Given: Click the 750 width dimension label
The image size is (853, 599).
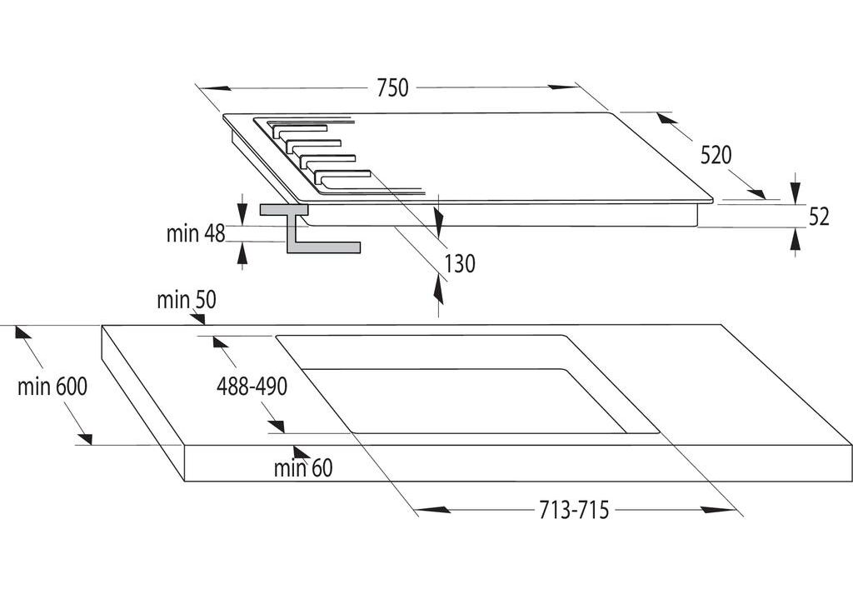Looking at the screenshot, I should point(392,87).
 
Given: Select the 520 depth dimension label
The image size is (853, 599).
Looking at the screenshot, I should point(716,155).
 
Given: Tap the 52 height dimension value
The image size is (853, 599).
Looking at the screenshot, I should point(819,217).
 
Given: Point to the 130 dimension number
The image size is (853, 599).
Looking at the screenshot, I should point(459,264).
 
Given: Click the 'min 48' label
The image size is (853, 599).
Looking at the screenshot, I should point(196,233).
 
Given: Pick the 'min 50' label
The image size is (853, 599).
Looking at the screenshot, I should point(187,300).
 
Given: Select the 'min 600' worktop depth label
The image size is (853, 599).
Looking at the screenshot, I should point(52,387).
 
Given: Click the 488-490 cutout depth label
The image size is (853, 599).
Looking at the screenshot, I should point(252,387).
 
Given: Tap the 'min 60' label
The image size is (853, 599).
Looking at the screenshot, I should point(303,469).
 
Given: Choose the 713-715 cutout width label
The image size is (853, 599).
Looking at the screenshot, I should point(572,510).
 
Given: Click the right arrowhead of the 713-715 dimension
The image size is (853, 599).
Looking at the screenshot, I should point(716,510).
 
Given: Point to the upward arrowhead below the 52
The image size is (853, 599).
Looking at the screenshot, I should point(796,239).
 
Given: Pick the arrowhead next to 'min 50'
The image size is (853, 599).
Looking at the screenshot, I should point(200,319).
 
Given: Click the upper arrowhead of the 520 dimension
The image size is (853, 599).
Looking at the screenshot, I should point(664,117).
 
